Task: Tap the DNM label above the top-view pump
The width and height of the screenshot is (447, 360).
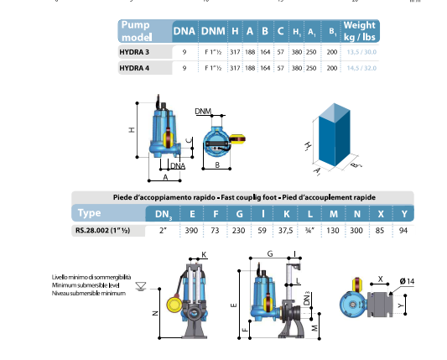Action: (203, 111)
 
